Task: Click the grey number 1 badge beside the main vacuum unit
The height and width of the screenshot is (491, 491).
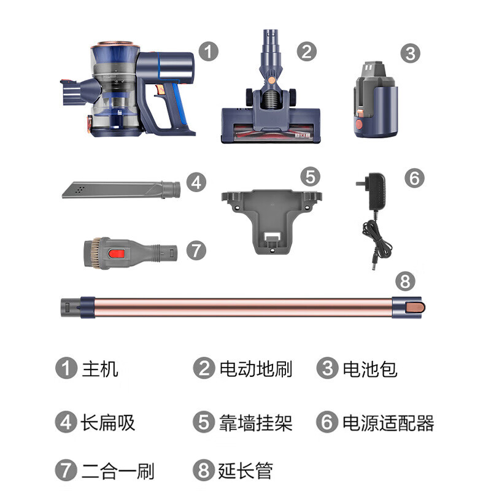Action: point(208,52)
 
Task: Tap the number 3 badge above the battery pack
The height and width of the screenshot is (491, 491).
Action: point(410,53)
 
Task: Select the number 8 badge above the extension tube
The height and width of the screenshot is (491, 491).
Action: point(405,281)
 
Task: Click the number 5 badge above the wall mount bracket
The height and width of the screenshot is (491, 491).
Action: point(310,177)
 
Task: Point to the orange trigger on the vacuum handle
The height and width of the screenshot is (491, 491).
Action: point(161,90)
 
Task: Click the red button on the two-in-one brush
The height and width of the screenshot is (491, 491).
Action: point(117,253)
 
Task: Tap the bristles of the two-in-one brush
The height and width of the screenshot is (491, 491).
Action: point(93,253)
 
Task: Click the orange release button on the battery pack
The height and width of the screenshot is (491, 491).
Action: point(359,125)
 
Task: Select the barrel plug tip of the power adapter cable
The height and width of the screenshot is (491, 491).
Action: point(374,265)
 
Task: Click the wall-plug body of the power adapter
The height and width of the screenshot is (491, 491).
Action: point(376,191)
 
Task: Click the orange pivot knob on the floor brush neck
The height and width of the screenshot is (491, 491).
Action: point(272,80)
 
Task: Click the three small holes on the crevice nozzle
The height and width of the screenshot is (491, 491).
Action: point(80,189)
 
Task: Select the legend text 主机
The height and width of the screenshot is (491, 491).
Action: point(100,369)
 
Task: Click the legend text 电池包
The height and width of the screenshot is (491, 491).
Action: point(370,369)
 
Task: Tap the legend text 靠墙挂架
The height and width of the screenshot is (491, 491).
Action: point(255,423)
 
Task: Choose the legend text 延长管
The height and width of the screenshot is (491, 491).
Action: point(245,470)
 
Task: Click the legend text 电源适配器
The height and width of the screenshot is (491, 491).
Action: point(389,423)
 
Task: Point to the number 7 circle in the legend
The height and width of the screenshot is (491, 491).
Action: point(66,470)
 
